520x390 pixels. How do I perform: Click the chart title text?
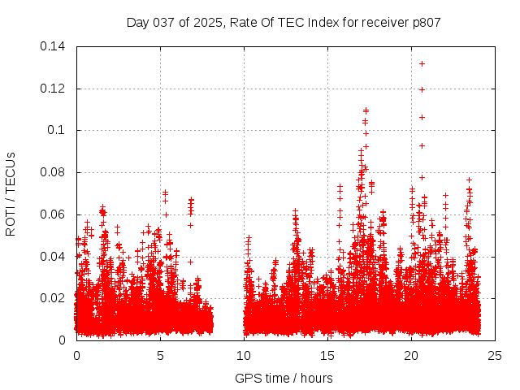point(284,23)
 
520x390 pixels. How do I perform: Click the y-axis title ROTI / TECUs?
point(11,193)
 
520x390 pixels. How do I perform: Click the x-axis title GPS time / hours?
point(284,378)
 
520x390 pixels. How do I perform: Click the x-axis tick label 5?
point(160,355)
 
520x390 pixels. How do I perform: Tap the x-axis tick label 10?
point(244,355)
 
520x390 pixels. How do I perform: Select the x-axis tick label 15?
point(327,355)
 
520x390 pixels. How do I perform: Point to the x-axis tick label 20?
point(411,355)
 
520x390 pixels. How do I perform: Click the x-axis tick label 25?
point(495,355)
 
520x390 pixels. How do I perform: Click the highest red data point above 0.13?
point(422,63)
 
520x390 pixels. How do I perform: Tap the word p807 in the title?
point(425,23)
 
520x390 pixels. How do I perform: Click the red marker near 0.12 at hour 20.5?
point(422,89)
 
